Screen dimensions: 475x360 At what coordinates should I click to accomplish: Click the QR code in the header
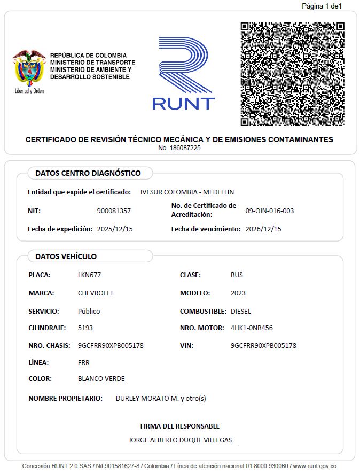(292, 74)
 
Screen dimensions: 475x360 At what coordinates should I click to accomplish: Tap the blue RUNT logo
(183, 73)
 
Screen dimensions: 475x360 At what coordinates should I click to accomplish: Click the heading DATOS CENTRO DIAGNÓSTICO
(88, 173)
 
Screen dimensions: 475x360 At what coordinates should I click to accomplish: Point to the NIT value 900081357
(114, 211)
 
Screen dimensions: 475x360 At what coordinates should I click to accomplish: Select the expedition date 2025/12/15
(115, 229)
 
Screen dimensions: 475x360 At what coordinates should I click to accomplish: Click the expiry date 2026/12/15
(263, 229)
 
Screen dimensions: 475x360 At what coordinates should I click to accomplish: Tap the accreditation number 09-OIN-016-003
(269, 211)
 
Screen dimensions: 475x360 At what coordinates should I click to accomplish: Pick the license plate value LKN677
(89, 275)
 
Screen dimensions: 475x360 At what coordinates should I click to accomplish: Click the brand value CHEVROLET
(96, 293)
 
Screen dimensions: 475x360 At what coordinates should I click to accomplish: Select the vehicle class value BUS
(237, 275)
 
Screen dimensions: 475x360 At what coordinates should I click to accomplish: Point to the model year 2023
(238, 293)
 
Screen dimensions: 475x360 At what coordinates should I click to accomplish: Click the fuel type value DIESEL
(241, 311)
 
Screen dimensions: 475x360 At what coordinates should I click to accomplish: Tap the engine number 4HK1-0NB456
(252, 328)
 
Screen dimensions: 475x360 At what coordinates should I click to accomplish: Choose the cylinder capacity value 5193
(85, 328)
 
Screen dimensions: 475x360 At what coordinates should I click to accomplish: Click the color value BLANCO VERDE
(101, 379)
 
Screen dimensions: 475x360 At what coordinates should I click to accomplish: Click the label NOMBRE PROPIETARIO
(65, 399)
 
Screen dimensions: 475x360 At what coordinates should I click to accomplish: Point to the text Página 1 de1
(322, 6)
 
